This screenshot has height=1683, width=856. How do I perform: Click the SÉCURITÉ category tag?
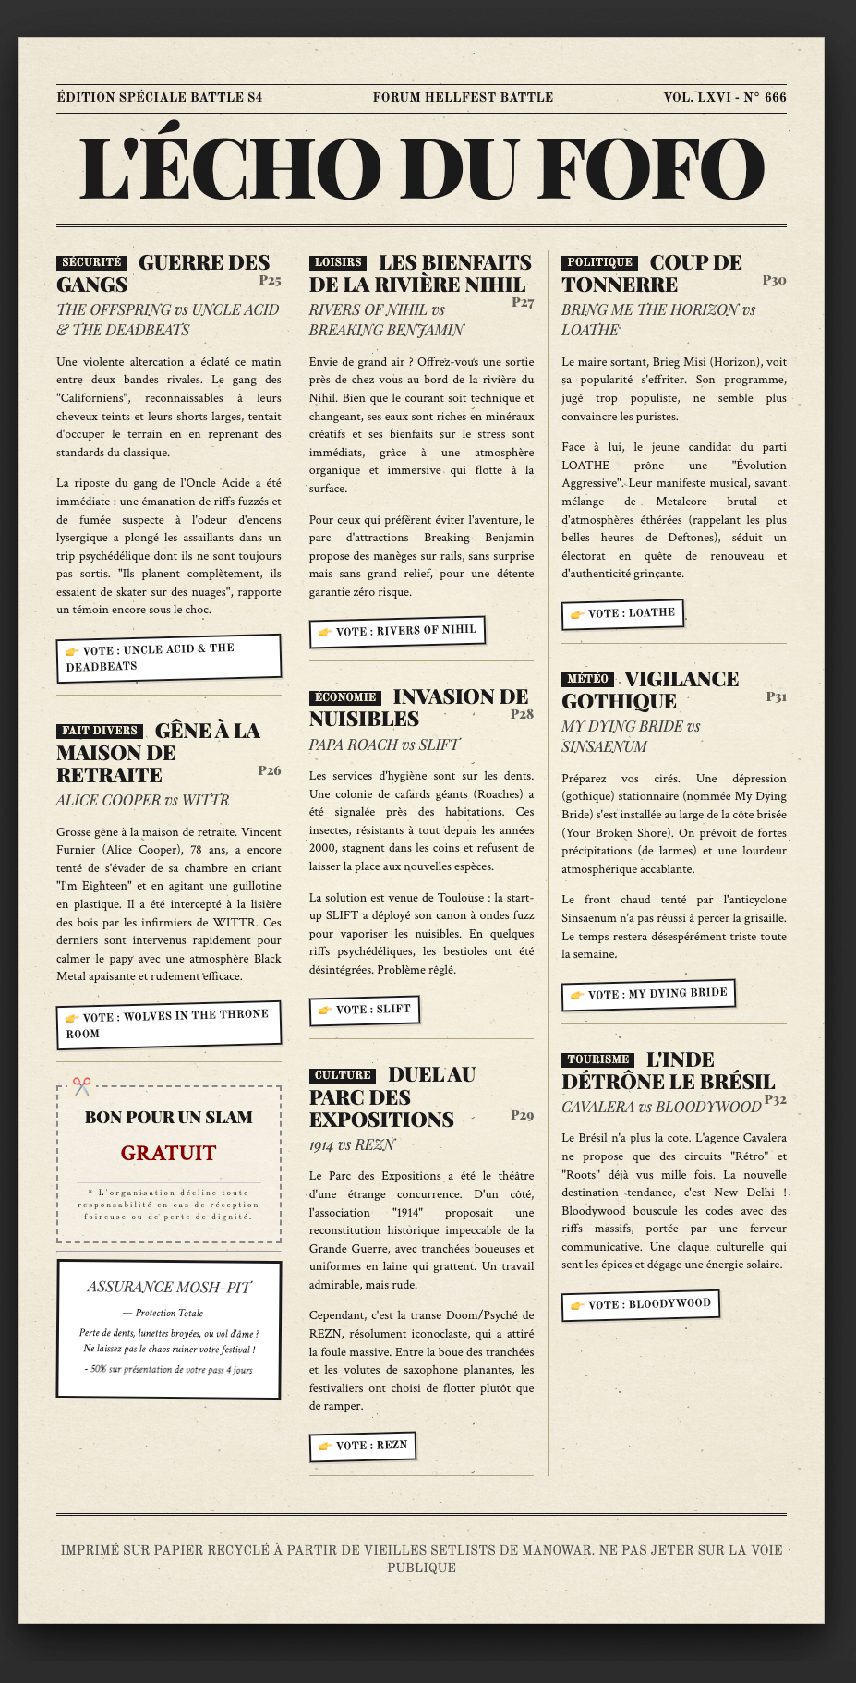90,262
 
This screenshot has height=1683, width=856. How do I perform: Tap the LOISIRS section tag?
338,262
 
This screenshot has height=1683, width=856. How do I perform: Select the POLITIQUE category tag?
600,262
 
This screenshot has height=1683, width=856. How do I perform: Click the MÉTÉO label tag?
588,679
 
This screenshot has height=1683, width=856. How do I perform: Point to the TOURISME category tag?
598,1059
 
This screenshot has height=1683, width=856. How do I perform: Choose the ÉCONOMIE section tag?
346,697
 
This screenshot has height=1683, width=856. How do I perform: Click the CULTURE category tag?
343,1075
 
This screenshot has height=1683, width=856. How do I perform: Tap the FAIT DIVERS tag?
100,731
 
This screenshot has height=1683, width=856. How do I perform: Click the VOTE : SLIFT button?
364,1011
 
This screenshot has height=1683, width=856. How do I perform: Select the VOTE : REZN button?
362,1446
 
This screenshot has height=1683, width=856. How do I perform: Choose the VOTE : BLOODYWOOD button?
640,1304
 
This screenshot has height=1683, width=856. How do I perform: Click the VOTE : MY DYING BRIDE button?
648,994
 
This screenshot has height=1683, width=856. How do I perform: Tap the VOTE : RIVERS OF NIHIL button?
396,631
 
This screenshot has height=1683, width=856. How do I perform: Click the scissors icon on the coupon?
82,1086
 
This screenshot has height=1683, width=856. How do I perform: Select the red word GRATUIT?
168,1153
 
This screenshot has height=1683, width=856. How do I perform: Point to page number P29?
522,1115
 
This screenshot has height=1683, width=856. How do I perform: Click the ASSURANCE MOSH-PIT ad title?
168,1287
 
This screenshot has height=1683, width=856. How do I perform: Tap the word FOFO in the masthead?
652,169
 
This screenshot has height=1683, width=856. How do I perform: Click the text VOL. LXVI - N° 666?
725,97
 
